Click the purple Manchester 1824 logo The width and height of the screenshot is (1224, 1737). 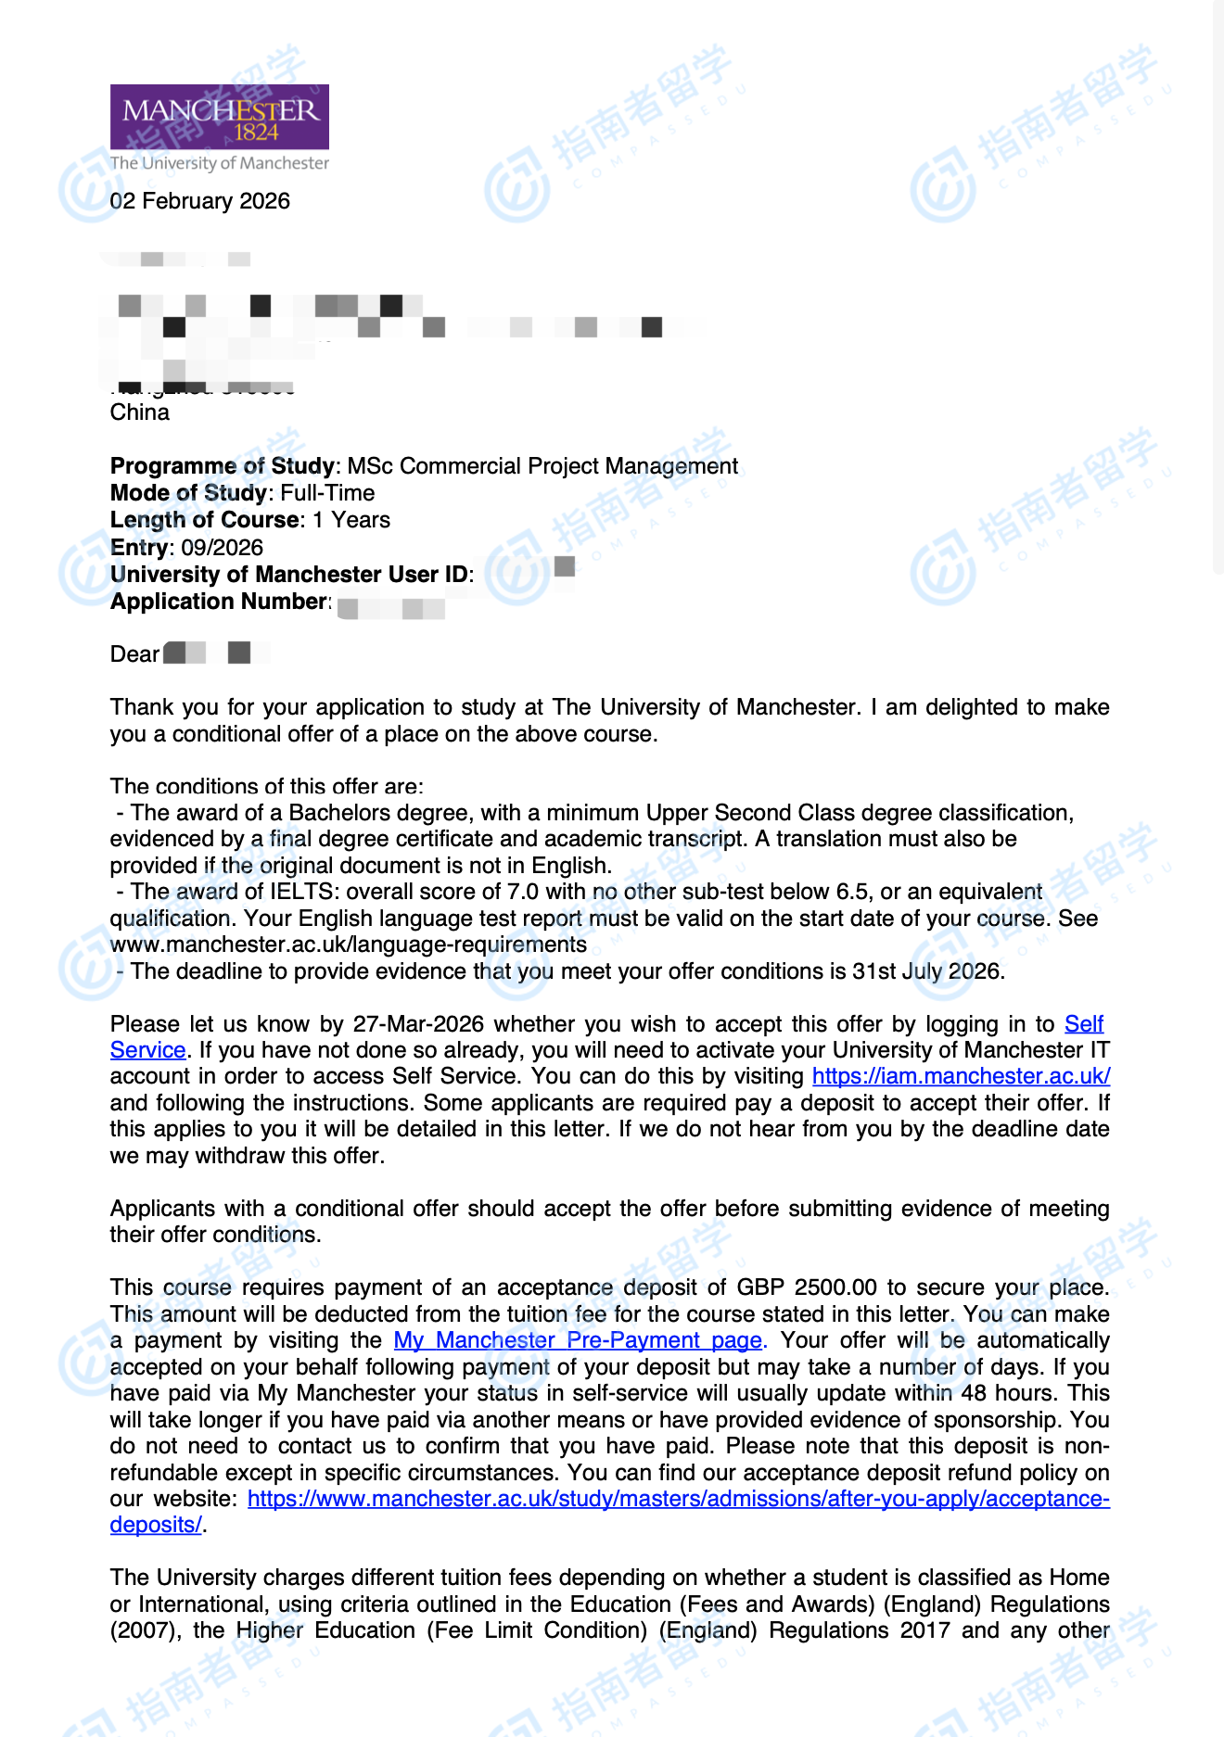pyautogui.click(x=219, y=117)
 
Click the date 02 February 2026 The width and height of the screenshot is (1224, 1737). pyautogui.click(x=199, y=201)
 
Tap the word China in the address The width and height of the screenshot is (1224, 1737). pyautogui.click(x=140, y=412)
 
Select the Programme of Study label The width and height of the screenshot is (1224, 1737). pyautogui.click(x=222, y=465)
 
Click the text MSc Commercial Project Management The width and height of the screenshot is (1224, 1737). pyautogui.click(x=542, y=465)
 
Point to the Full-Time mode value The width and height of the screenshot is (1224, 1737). pyautogui.click(x=327, y=493)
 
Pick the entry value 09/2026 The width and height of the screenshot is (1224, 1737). pyautogui.click(x=223, y=548)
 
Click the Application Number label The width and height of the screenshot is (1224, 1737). pyautogui.click(x=219, y=602)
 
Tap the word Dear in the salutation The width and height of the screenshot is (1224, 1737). pyautogui.click(x=134, y=654)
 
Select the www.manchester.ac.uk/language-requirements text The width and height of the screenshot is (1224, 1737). pyautogui.click(x=349, y=945)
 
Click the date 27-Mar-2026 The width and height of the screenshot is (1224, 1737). pyautogui.click(x=418, y=1024)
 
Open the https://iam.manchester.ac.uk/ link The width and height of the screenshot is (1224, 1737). pyautogui.click(x=961, y=1076)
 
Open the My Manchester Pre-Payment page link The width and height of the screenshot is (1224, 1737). pyautogui.click(x=578, y=1340)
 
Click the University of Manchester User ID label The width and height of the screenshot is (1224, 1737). pyautogui.click(x=289, y=575)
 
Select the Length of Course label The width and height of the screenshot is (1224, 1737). pyautogui.click(x=205, y=520)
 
